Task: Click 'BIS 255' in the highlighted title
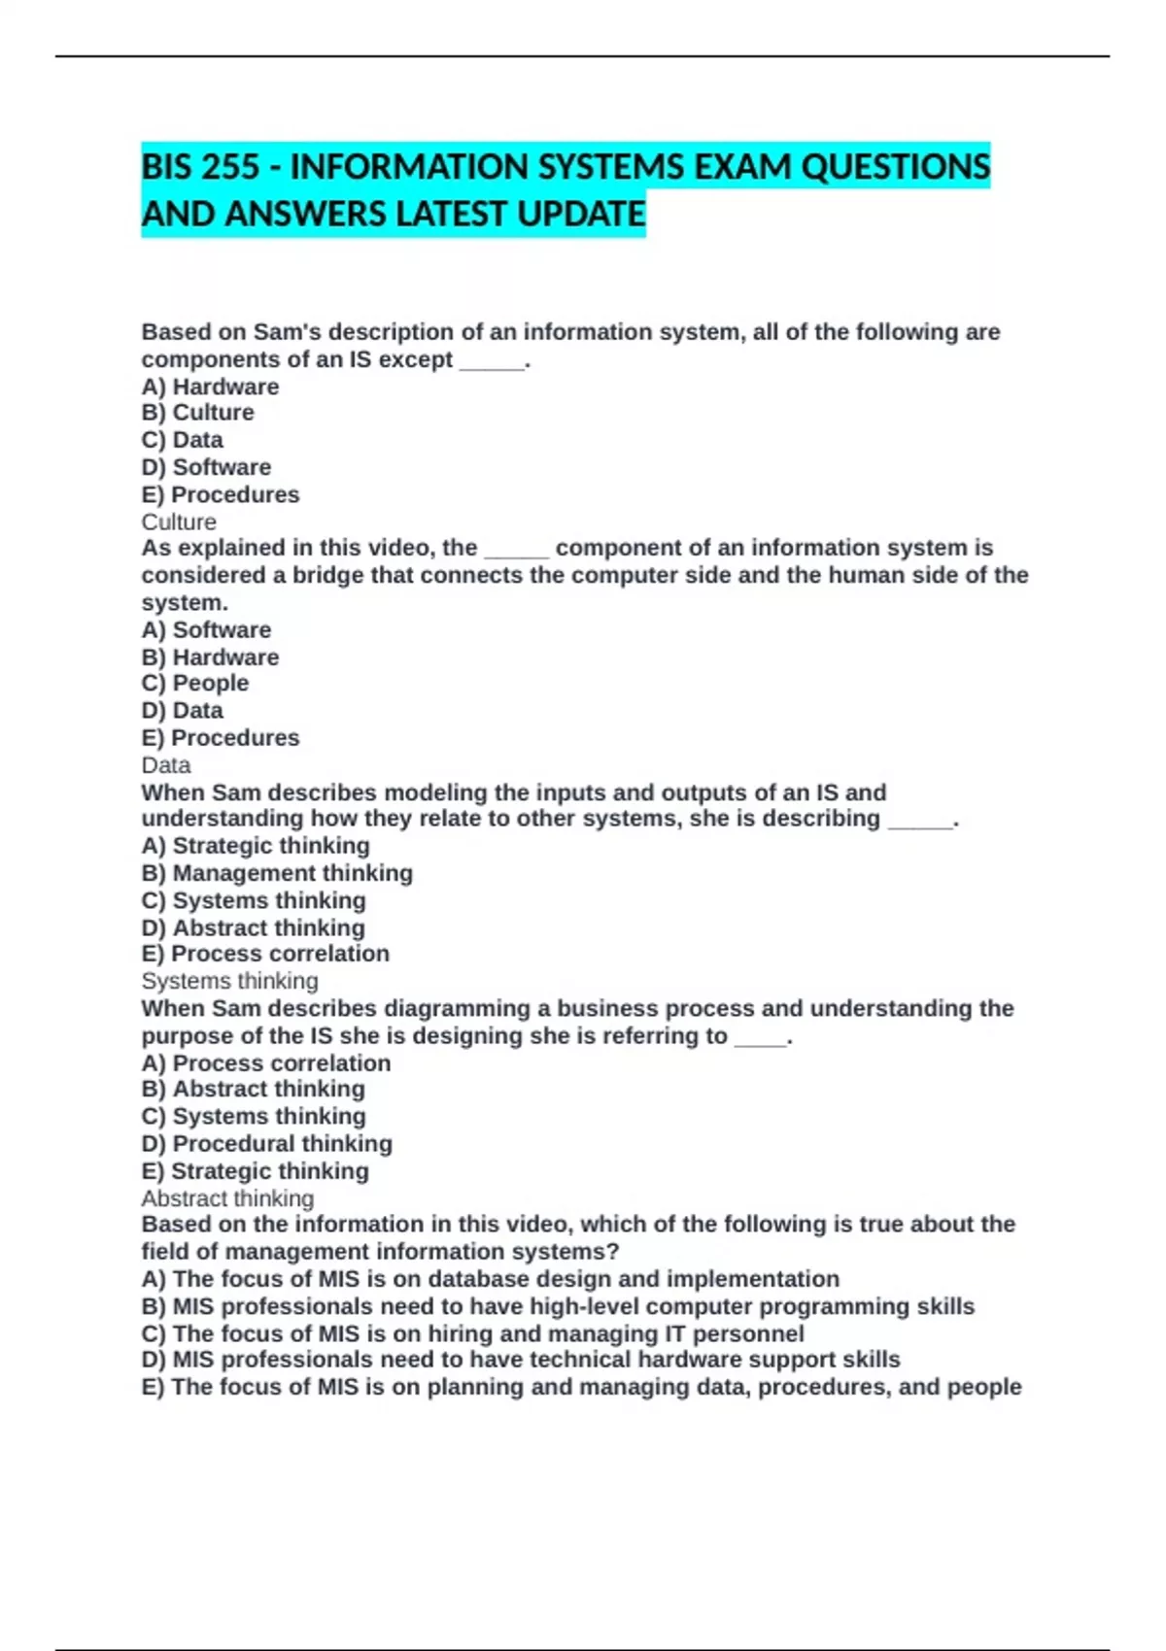200,167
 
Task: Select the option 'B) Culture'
197,413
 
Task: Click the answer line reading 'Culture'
179,522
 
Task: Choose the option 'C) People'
194,684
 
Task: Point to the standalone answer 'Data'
165,765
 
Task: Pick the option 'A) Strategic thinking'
256,846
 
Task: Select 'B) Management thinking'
277,873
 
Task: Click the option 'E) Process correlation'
265,954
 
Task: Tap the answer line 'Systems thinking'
229,981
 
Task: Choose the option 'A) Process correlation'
265,1063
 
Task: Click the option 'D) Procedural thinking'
266,1144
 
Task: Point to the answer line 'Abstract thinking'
227,1198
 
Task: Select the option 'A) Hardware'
210,387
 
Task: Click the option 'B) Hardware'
210,657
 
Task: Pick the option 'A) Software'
206,630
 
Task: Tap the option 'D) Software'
206,467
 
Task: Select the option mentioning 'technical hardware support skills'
521,1360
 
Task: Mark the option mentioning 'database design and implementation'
490,1279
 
